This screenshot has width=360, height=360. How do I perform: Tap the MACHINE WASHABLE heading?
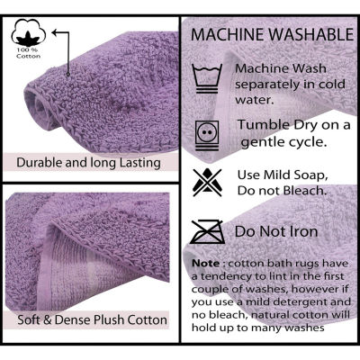coord(271,35)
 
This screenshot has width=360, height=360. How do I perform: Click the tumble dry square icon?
coord(209,132)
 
